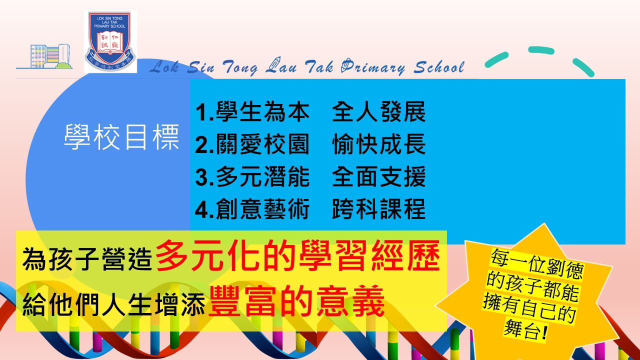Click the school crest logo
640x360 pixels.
[x=110, y=41]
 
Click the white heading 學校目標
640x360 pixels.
[x=121, y=137]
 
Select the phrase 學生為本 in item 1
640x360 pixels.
[x=262, y=111]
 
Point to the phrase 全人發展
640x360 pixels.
[x=379, y=111]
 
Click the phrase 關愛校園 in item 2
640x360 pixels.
[x=262, y=144]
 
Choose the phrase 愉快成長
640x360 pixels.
[x=379, y=144]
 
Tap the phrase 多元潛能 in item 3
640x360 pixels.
[x=262, y=176]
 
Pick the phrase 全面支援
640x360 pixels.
[x=379, y=176]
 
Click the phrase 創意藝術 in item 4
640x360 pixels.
[x=262, y=209]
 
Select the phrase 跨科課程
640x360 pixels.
[x=379, y=209]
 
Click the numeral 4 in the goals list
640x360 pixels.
[x=201, y=209]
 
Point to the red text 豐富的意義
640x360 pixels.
[x=296, y=301]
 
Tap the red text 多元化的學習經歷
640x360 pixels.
[x=297, y=255]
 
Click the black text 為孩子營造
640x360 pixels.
[x=87, y=259]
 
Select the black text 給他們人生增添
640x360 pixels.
[x=113, y=304]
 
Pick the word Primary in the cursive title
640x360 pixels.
[x=373, y=67]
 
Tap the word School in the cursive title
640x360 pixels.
[x=439, y=67]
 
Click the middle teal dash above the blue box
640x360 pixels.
[x=541, y=50]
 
